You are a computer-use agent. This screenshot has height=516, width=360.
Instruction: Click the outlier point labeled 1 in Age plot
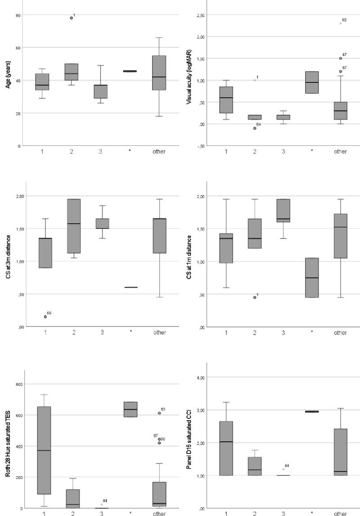point(71,18)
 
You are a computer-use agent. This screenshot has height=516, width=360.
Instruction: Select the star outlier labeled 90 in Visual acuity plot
point(340,23)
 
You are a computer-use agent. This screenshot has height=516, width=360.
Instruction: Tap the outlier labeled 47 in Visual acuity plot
point(340,58)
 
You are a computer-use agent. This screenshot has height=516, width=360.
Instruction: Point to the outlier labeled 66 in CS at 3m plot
point(45,317)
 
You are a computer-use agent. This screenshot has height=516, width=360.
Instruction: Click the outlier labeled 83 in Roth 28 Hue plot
point(159,413)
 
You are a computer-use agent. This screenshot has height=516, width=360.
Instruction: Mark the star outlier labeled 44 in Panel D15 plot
point(283,469)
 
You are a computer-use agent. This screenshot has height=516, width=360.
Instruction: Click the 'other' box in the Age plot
point(158,72)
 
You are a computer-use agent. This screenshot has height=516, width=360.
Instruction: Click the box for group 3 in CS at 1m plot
point(283,211)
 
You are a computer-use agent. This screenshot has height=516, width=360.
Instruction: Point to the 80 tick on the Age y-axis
point(18,15)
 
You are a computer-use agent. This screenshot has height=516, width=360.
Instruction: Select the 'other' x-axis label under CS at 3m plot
point(158,332)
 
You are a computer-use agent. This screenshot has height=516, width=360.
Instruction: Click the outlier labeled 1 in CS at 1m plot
point(254,297)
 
